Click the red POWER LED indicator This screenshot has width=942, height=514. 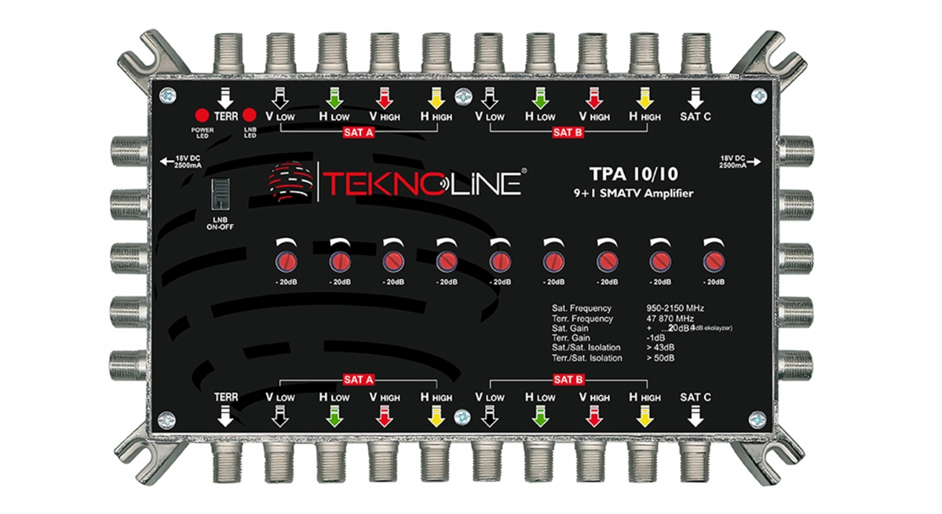202,113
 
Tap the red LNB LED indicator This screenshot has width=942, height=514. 250,113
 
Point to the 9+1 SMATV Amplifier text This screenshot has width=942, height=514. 631,193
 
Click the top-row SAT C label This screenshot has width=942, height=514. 695,115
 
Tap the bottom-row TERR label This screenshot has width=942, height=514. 226,398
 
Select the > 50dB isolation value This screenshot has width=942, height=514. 662,358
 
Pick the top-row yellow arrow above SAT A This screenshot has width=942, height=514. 436,99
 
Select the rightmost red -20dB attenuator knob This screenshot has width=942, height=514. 713,260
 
